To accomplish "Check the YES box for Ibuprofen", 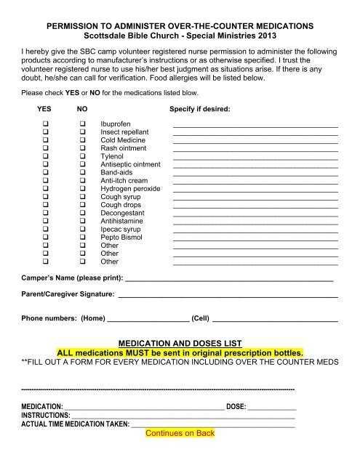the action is tap(46, 124).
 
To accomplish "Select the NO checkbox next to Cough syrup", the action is tap(84, 196).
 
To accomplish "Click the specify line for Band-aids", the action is tap(255, 177).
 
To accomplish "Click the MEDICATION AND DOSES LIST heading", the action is tap(180, 342).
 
